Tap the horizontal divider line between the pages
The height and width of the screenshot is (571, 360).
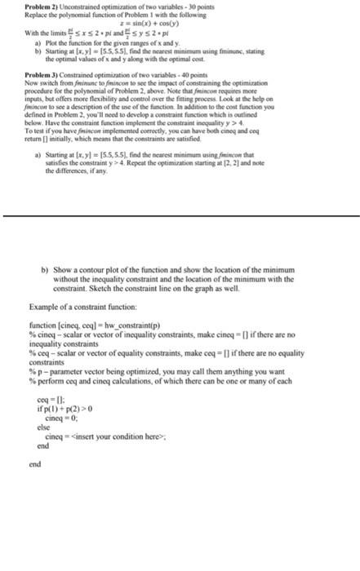[180, 215]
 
